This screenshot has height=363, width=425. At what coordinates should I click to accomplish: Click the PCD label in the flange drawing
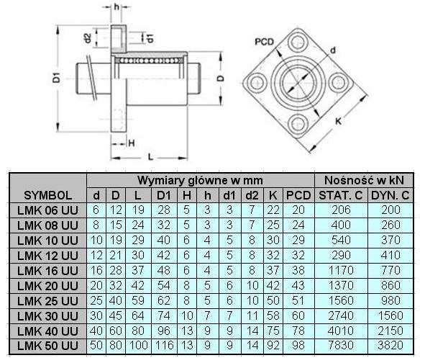coord(264,42)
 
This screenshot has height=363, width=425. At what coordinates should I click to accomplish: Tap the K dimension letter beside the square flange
coord(339,121)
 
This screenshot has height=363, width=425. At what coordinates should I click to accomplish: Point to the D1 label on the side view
coord(56,78)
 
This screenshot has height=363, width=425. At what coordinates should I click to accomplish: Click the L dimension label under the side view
coord(151,157)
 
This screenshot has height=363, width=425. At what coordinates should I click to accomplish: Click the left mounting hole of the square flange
coord(256,82)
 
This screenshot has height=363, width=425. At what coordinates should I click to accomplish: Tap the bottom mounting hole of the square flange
coord(298,124)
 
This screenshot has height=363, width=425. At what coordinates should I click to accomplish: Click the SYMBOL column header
coord(48,195)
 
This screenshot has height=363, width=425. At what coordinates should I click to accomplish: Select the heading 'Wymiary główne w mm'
coord(200,181)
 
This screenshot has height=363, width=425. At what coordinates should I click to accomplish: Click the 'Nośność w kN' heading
coord(364,180)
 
